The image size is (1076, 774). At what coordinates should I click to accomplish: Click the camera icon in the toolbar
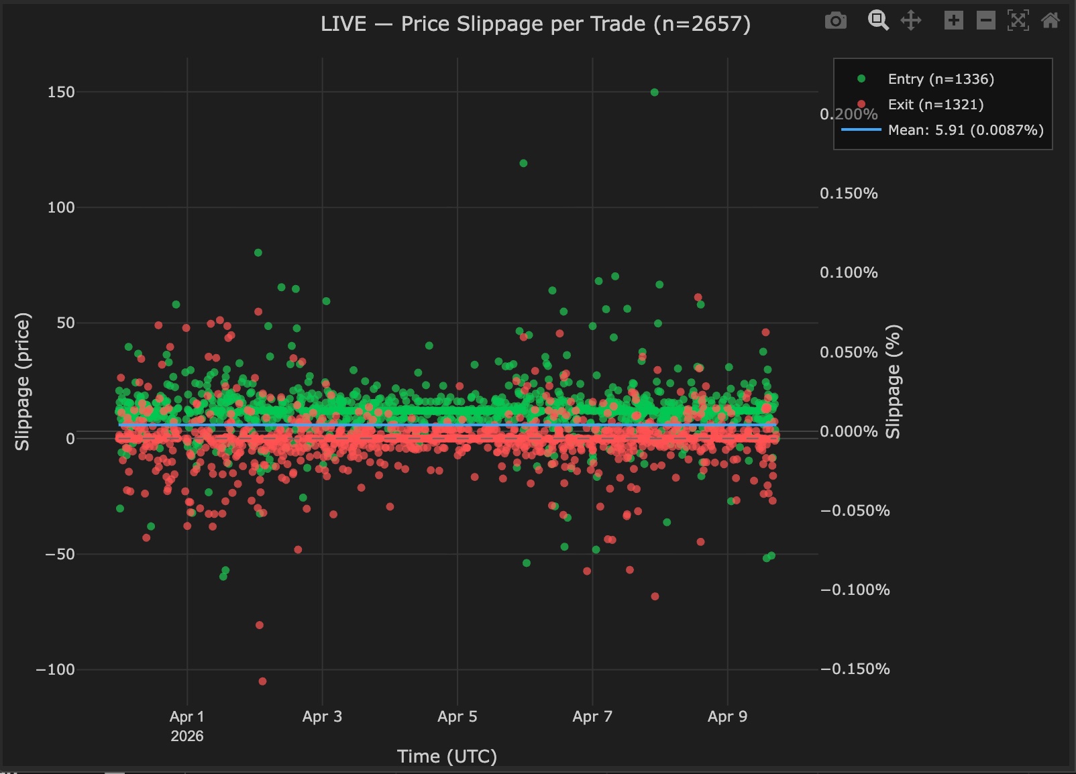click(x=835, y=21)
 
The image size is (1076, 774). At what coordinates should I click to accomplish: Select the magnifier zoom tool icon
click(x=877, y=21)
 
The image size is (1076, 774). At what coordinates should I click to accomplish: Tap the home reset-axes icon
click(x=1050, y=21)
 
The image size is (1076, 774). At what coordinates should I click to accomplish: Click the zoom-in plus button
click(x=953, y=21)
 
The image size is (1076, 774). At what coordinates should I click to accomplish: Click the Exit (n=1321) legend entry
click(x=935, y=105)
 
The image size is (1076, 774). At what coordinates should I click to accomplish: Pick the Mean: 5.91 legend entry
click(x=965, y=130)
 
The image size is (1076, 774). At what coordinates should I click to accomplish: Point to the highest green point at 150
click(x=655, y=93)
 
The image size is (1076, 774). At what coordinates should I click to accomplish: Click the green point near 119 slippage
click(x=523, y=163)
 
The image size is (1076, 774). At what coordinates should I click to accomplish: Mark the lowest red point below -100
click(x=262, y=681)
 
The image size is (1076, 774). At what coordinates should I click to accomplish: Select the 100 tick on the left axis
click(x=61, y=207)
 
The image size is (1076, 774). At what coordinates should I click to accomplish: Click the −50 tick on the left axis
click(x=60, y=554)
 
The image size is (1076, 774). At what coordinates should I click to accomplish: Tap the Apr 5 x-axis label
click(x=457, y=716)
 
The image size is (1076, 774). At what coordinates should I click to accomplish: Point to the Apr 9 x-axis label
click(x=727, y=716)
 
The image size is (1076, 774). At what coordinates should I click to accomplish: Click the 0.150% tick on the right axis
click(x=849, y=193)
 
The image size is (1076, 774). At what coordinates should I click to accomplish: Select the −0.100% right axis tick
click(x=855, y=590)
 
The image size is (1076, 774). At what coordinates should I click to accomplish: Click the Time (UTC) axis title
click(x=447, y=756)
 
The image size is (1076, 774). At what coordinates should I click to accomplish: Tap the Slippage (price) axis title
click(x=23, y=381)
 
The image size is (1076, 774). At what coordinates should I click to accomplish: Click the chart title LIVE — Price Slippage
click(x=535, y=24)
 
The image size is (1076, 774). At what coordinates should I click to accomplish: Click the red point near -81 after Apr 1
click(x=260, y=625)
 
